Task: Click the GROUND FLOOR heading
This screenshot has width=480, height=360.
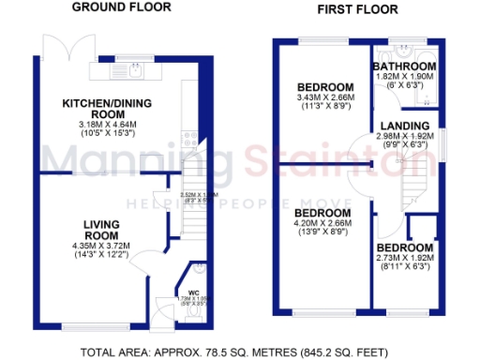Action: pos(122,7)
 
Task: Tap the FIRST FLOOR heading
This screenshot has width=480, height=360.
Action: pos(357,9)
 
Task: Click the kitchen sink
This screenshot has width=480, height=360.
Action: pos(134,67)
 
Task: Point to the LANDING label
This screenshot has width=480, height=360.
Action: pos(406,126)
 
